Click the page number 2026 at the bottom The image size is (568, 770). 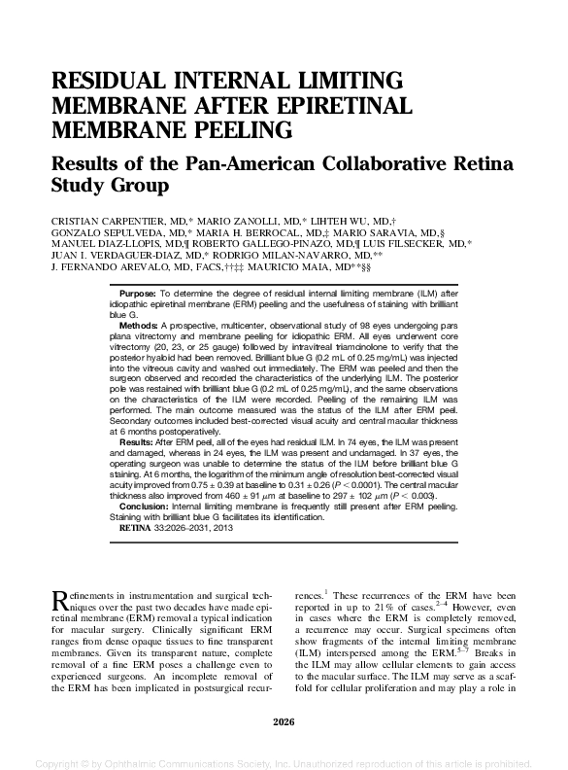click(x=284, y=719)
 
